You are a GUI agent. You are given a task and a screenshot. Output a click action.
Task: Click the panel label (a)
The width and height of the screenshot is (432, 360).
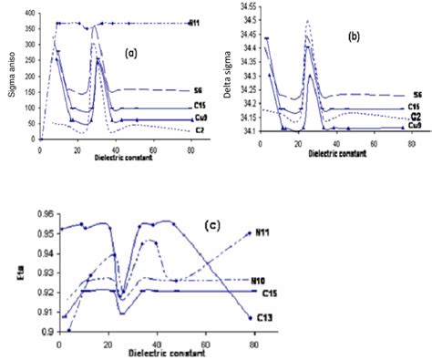pos(131,54)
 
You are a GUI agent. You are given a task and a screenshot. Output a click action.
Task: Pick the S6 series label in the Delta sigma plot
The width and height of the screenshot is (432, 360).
pos(417,96)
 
